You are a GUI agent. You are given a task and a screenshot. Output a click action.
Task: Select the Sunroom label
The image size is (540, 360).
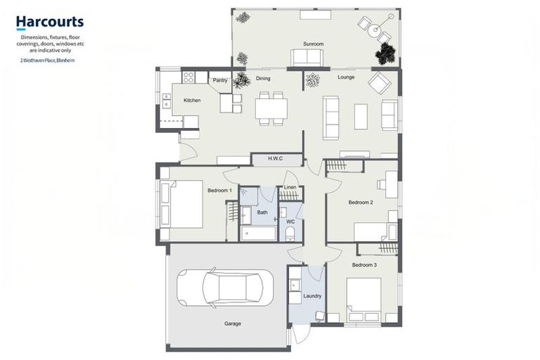coord(313,44)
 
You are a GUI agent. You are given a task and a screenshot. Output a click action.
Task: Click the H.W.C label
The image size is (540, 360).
coord(275,159)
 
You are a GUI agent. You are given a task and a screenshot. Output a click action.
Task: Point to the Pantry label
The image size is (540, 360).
coord(220,80)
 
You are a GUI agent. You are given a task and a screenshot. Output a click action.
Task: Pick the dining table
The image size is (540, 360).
coord(271,108)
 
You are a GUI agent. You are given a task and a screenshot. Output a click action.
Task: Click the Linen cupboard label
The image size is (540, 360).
coord(290,187)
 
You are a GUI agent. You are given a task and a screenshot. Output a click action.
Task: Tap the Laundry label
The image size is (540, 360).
coord(311,296)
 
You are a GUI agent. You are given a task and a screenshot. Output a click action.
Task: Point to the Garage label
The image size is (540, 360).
coord(233,324)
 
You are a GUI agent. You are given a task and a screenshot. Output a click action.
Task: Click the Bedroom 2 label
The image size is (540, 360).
coord(361,202)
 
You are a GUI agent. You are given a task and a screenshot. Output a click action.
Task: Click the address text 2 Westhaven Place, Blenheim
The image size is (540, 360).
coord(48,60)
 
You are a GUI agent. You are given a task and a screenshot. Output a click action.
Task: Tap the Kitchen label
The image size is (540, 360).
coord(192,101)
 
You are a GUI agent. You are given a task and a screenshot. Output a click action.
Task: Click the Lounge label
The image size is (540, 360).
coord(346,77)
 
